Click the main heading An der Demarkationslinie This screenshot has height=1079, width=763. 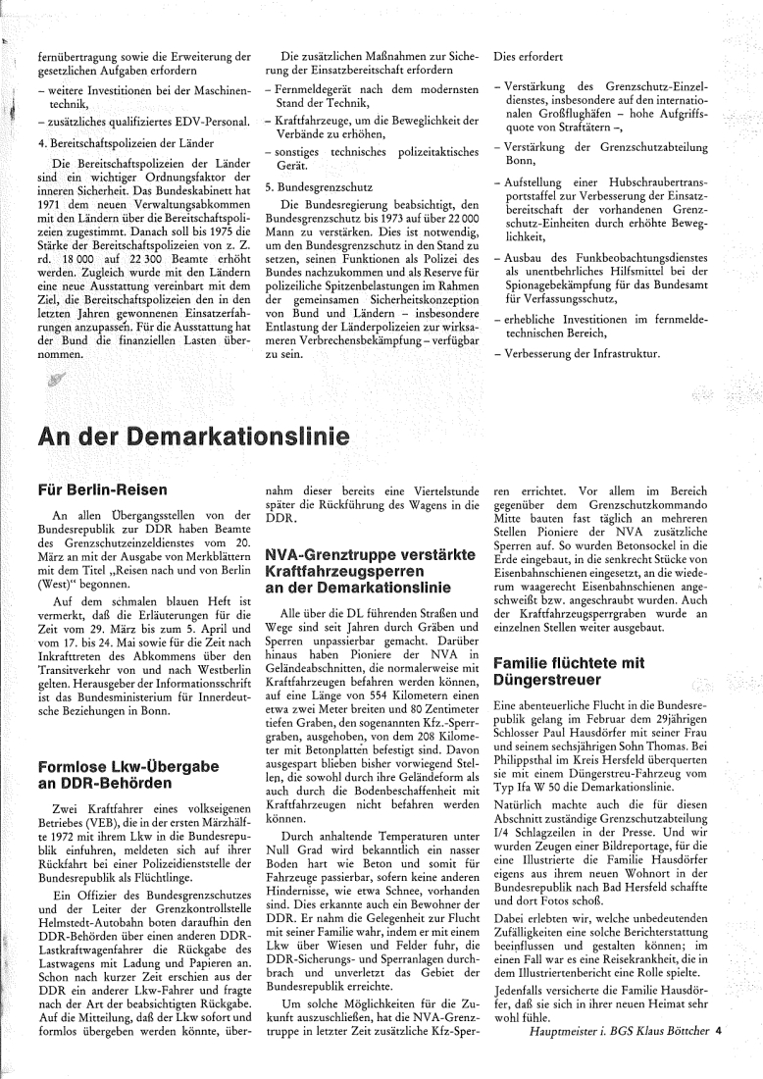pos(195,436)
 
